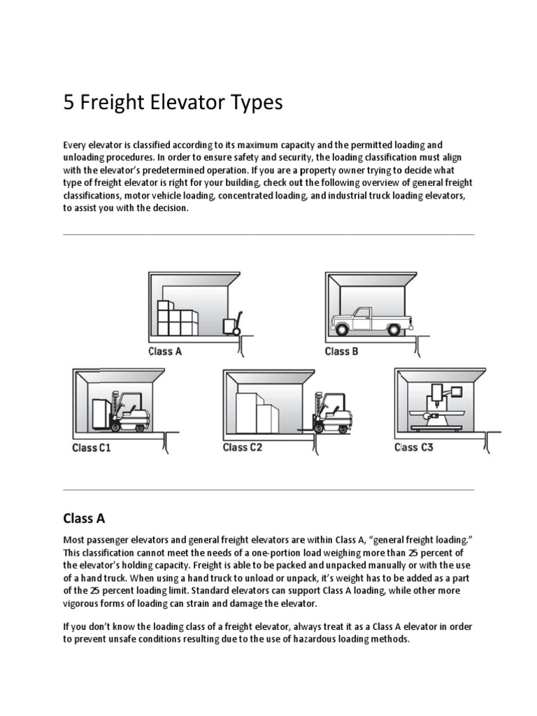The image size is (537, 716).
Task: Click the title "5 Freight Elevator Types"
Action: (x=173, y=103)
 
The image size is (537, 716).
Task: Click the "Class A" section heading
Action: (x=84, y=518)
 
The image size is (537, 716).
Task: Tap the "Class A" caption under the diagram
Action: (x=165, y=352)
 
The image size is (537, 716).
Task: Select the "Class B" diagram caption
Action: (x=341, y=352)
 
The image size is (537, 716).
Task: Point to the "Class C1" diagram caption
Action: (x=92, y=447)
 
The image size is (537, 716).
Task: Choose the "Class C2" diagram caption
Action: (x=243, y=447)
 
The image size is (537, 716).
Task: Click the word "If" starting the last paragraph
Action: (x=67, y=627)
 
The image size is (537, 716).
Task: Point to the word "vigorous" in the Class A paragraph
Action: (x=83, y=603)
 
